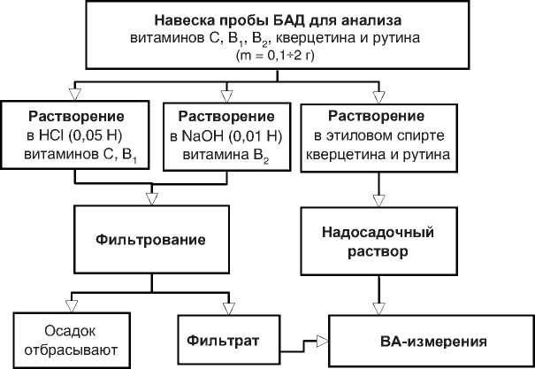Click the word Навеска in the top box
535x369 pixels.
point(182,19)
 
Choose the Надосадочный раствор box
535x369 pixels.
point(380,239)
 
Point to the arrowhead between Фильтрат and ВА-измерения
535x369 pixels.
point(322,339)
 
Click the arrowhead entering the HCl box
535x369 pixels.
point(74,90)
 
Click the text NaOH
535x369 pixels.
point(202,137)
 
